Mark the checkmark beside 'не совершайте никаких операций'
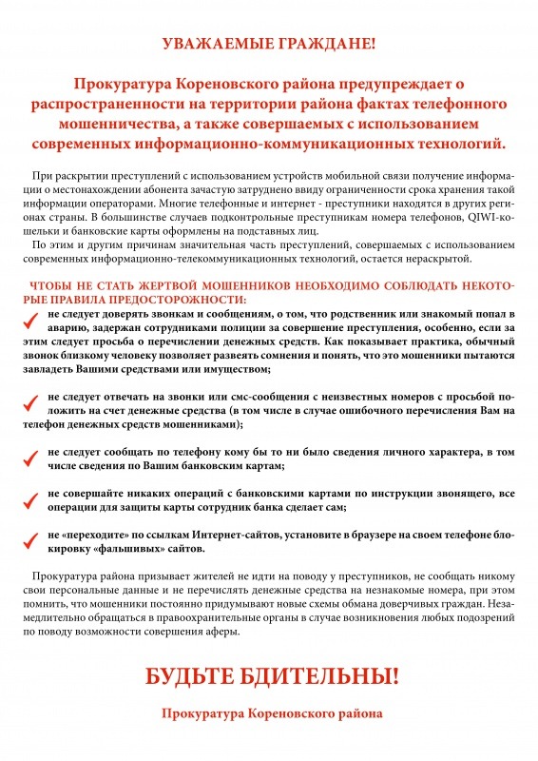30,501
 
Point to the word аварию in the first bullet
67,327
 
